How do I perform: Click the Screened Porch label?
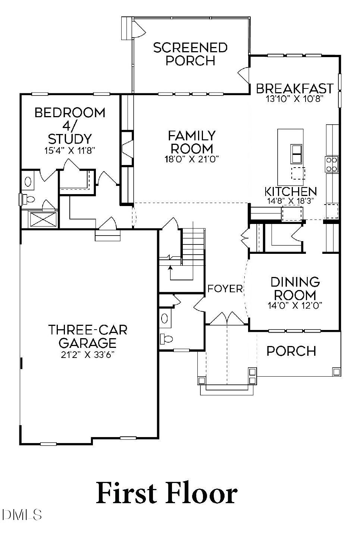[190, 54]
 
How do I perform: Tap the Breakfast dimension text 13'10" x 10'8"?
[294, 99]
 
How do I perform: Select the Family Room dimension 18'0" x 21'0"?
[191, 159]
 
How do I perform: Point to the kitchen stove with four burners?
[332, 164]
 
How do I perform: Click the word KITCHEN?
[291, 191]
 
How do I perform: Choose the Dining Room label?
[295, 288]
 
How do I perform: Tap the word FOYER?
[225, 289]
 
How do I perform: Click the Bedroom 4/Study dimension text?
[70, 150]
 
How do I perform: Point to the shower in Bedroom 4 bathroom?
[39, 219]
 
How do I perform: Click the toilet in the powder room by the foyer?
[167, 339]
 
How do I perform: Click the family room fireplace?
[127, 148]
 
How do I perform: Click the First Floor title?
[167, 493]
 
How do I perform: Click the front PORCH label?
[291, 351]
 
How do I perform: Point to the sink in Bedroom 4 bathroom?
[28, 182]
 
